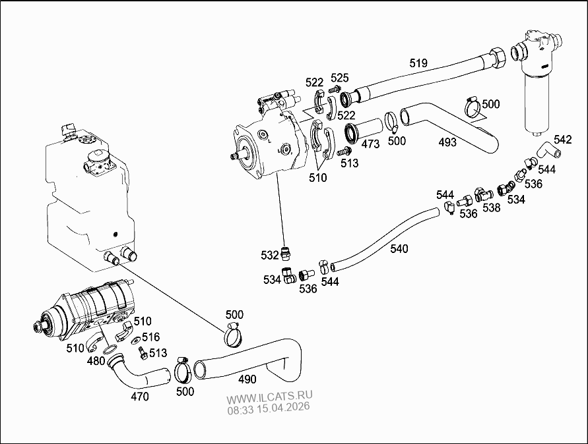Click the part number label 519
418,63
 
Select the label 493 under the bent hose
447,142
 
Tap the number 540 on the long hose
399,248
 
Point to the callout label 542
563,139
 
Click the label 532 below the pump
269,255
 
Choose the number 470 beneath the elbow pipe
140,397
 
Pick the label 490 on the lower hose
247,379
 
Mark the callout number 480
96,361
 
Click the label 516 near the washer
151,337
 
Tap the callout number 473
370,144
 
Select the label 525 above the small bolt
340,77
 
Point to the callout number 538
491,208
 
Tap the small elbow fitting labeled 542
549,151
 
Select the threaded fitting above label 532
284,252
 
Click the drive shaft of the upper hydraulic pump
234,156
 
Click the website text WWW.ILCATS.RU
270,399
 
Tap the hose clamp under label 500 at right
473,105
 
